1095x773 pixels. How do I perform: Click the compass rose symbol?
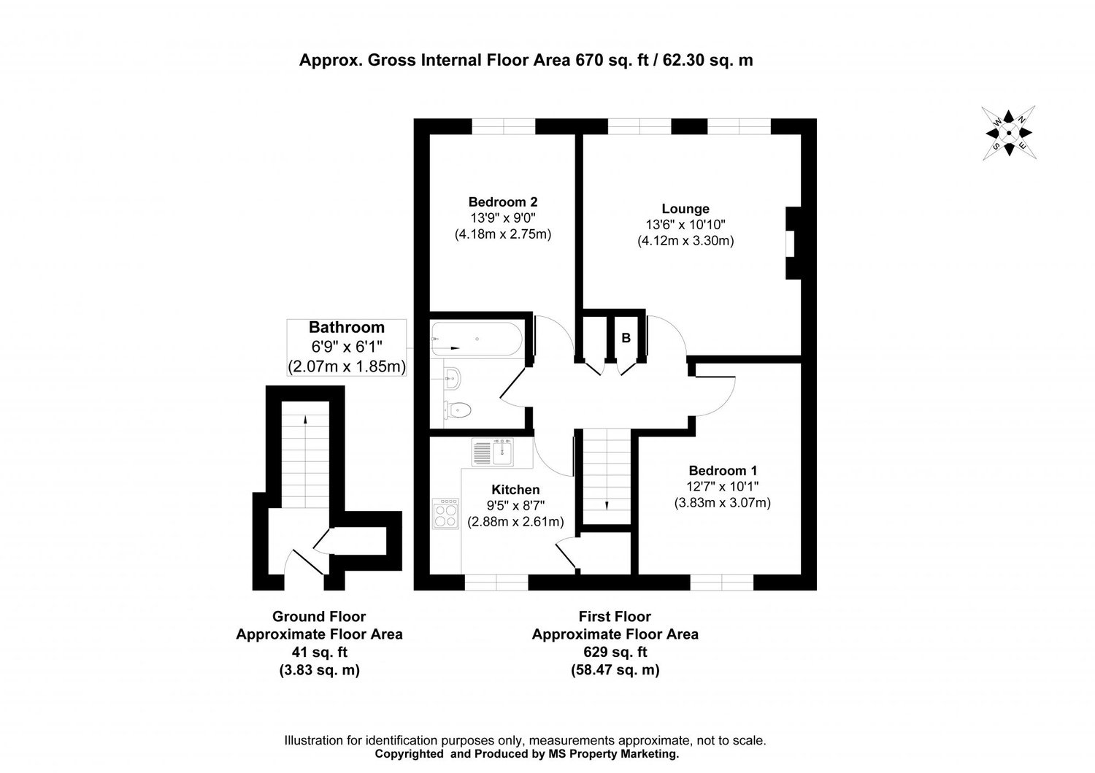pyautogui.click(x=1009, y=133)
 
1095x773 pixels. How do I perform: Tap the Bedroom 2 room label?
pyautogui.click(x=503, y=202)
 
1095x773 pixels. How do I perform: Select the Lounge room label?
pyautogui.click(x=685, y=209)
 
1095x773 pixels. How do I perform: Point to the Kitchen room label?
pyautogui.click(x=515, y=490)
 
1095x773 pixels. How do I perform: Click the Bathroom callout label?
pyautogui.click(x=347, y=328)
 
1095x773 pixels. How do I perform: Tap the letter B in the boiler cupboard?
pyautogui.click(x=626, y=339)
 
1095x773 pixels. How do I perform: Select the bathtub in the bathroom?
pyautogui.click(x=475, y=340)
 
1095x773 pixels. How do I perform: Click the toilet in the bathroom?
pyautogui.click(x=456, y=410)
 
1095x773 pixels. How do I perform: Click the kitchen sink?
pyautogui.click(x=493, y=451)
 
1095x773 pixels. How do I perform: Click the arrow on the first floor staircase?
pyautogui.click(x=607, y=504)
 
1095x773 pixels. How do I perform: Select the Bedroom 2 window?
pyautogui.click(x=503, y=127)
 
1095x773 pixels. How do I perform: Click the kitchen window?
pyautogui.click(x=496, y=582)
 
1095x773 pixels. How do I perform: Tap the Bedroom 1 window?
pyautogui.click(x=722, y=582)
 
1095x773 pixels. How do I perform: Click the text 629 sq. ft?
pyautogui.click(x=615, y=652)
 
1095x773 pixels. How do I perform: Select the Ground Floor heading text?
pyautogui.click(x=319, y=617)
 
